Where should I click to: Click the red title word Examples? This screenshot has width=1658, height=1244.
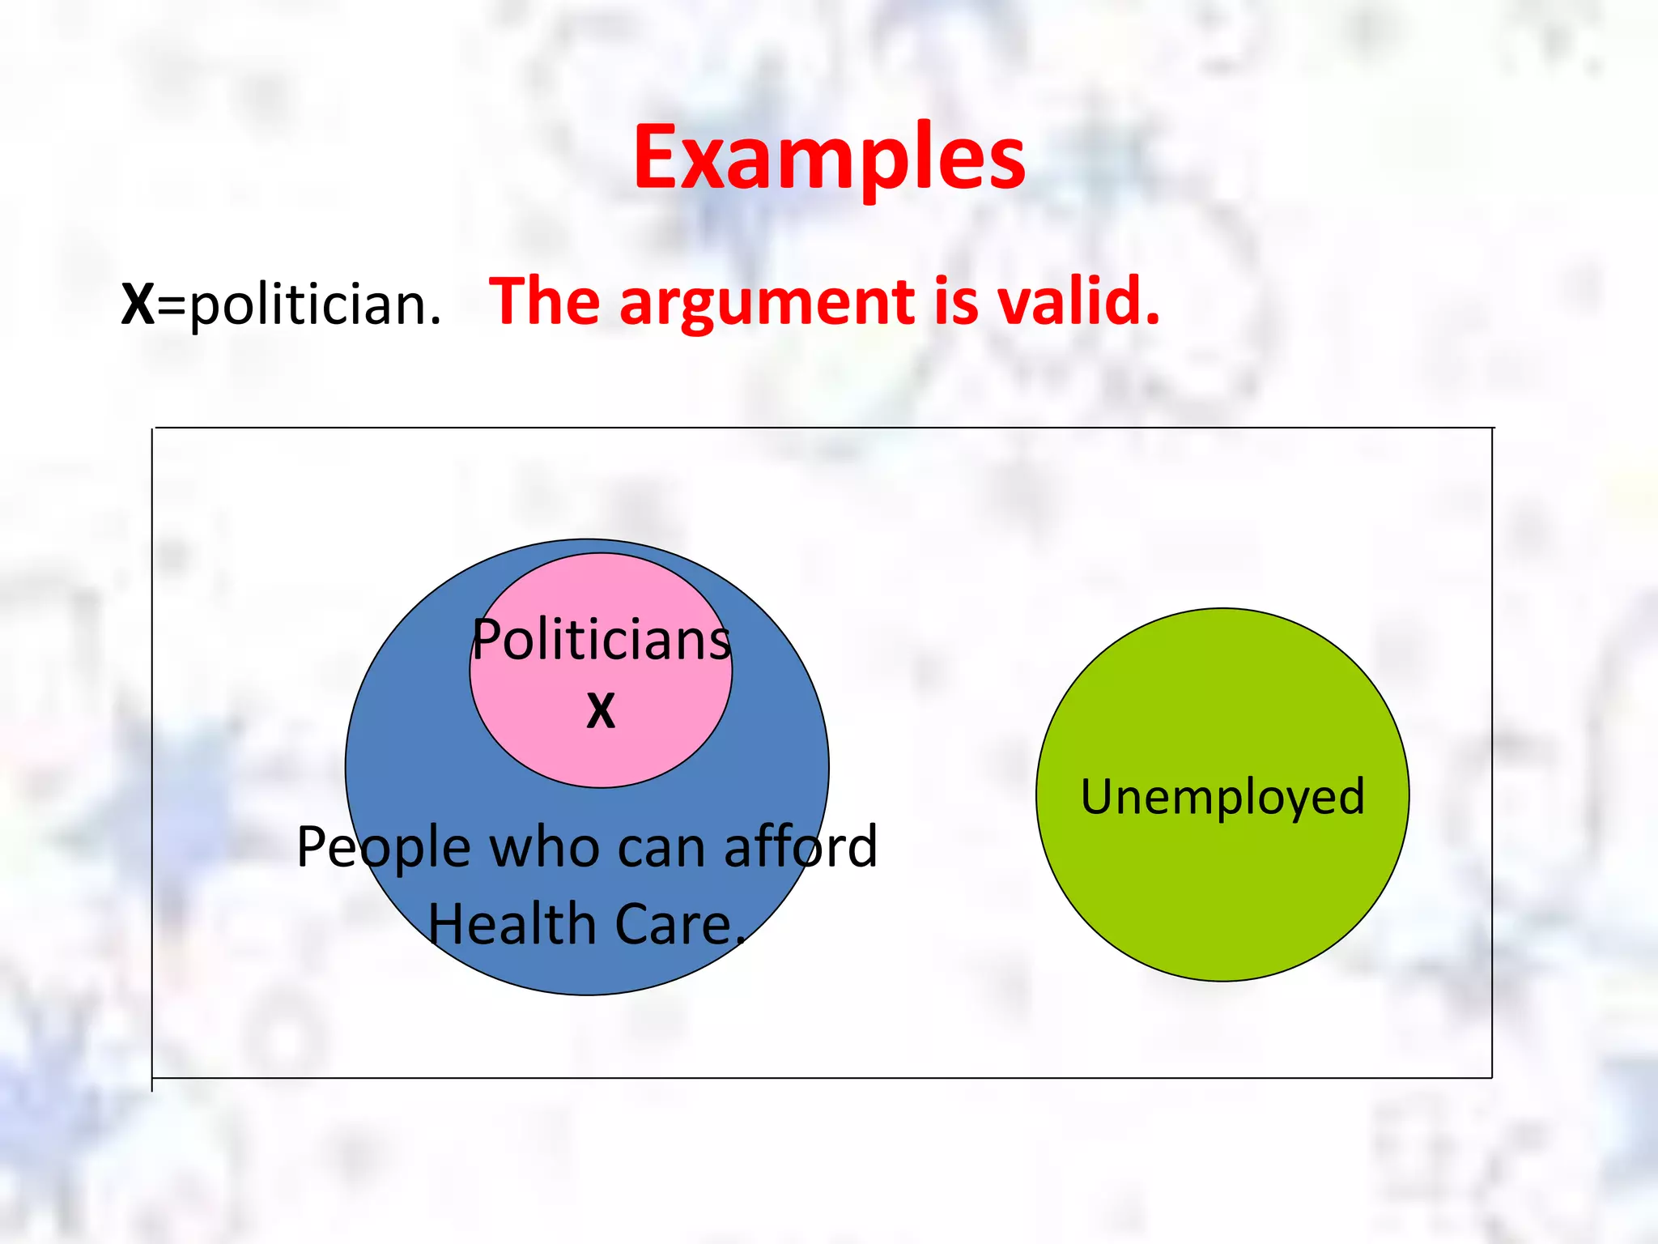coord(829,158)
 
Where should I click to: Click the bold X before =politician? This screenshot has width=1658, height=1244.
coord(138,305)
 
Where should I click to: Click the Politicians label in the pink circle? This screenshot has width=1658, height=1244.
coord(602,640)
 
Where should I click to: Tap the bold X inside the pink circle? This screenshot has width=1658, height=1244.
coord(601,711)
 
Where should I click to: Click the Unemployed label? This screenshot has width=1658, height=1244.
coord(1222,797)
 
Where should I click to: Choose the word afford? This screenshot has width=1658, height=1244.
coord(800,847)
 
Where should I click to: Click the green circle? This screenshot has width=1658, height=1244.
coord(1222,883)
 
